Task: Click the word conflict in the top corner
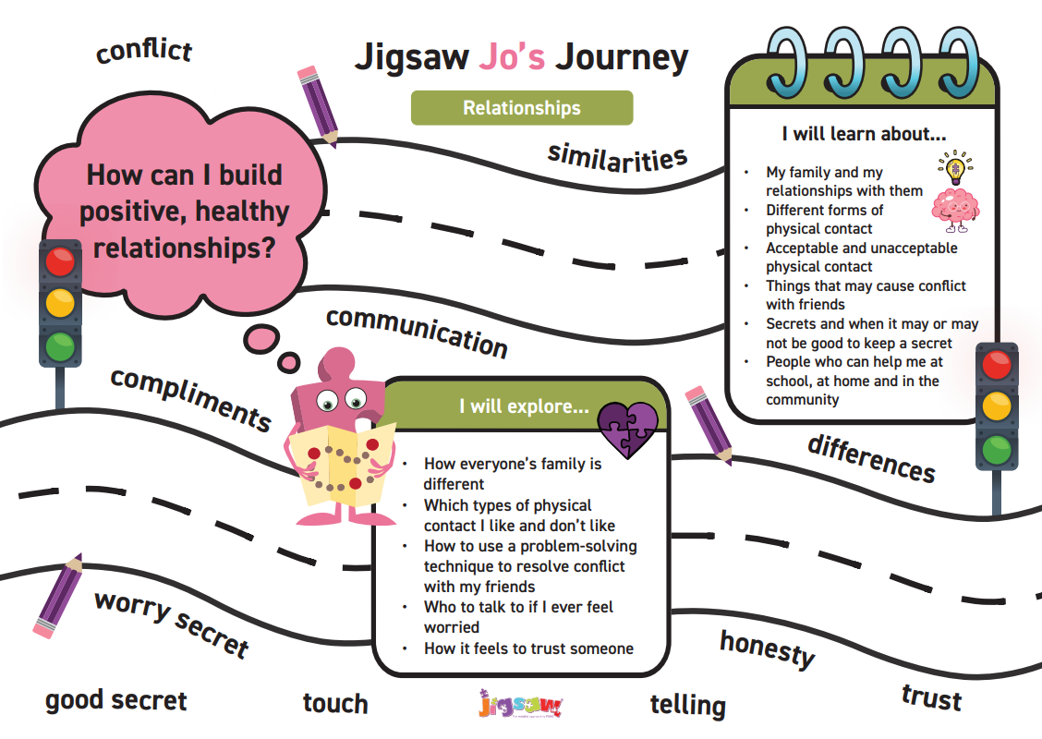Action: [144, 51]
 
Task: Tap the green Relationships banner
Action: [522, 108]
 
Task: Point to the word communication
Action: [417, 333]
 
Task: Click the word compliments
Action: [190, 399]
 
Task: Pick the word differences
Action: [872, 458]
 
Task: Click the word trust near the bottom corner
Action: [932, 697]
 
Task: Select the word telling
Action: [688, 705]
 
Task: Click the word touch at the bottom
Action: [335, 703]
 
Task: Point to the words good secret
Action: [116, 701]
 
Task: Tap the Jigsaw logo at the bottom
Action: [520, 704]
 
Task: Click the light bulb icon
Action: [955, 167]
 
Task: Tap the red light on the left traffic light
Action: [60, 261]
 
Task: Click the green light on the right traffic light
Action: [996, 449]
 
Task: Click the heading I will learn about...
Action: [864, 134]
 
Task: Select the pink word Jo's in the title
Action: [512, 56]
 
